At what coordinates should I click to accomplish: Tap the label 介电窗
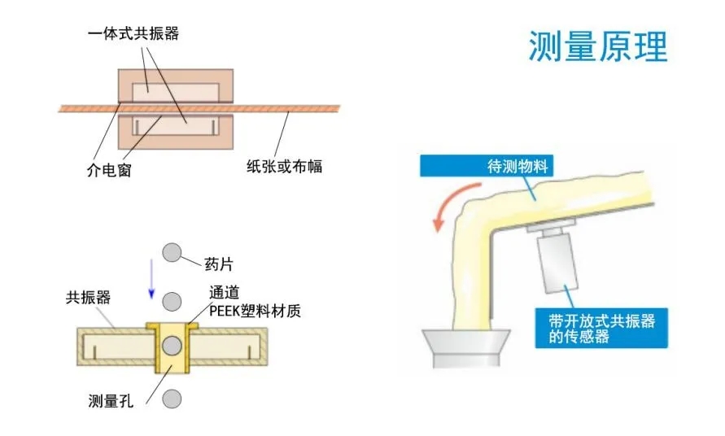pyautogui.click(x=108, y=171)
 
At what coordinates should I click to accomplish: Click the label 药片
pyautogui.click(x=217, y=265)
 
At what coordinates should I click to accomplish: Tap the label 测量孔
pyautogui.click(x=110, y=400)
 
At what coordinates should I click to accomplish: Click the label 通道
pyautogui.click(x=225, y=293)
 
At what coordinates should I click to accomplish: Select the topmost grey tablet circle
pyautogui.click(x=171, y=252)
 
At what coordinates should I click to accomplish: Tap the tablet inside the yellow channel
pyautogui.click(x=171, y=347)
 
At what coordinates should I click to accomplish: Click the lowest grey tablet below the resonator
pyautogui.click(x=171, y=399)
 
